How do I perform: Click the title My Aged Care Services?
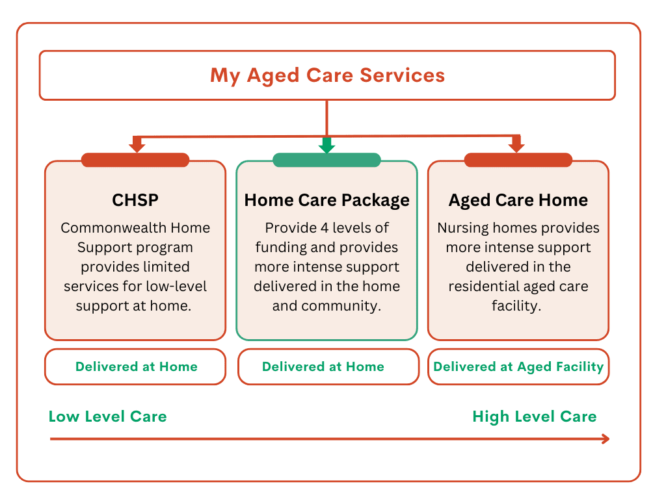[x=327, y=75]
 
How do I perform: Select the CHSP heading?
[x=135, y=200]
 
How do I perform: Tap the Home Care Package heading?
[x=326, y=200]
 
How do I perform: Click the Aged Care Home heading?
[x=518, y=200]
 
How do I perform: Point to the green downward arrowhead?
[x=326, y=146]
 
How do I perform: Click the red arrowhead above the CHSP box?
[x=137, y=146]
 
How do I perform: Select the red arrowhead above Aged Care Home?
[x=516, y=146]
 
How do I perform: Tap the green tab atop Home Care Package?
[x=326, y=160]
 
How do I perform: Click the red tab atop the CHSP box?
[x=135, y=160]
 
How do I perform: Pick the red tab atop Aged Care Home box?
[x=518, y=160]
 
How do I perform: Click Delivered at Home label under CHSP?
[x=136, y=366]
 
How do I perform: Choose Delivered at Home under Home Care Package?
[x=323, y=366]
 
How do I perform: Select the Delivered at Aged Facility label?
[x=518, y=366]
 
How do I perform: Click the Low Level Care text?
[x=107, y=416]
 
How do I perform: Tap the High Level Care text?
[x=534, y=416]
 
